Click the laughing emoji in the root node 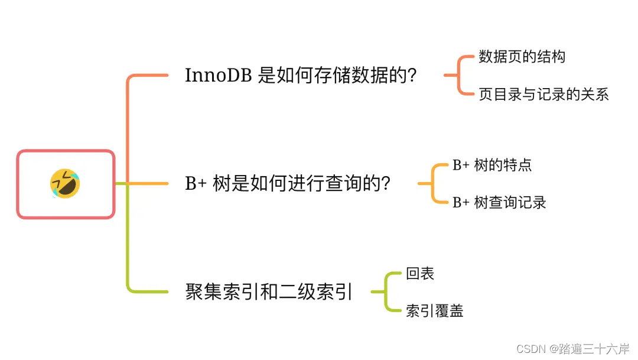65,183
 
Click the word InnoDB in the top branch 219,76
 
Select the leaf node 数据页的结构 522,57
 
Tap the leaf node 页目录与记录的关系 543,94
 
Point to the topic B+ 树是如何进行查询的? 287,184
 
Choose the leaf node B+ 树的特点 491,165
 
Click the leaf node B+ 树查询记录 499,202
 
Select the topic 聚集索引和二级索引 269,291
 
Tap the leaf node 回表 420,273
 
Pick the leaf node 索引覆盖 434,310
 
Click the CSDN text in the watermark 530,349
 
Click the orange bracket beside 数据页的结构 459,75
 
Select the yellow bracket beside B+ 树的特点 433,183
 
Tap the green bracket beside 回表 386,291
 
